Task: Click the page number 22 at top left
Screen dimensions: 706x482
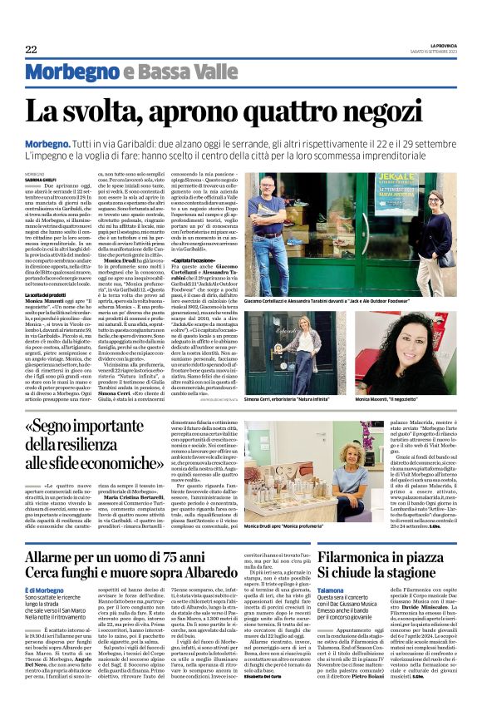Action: tap(31, 50)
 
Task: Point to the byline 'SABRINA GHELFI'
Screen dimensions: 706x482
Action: tap(40, 178)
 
